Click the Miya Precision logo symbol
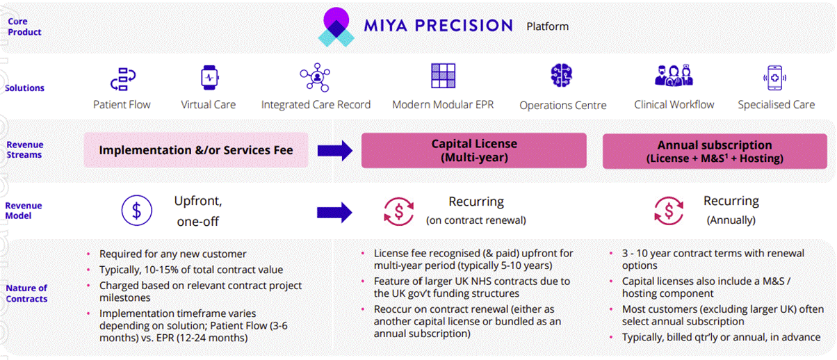(x=336, y=27)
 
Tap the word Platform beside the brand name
(x=547, y=26)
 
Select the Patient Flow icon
(x=123, y=79)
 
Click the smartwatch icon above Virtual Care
(x=210, y=78)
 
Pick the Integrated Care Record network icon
(x=315, y=77)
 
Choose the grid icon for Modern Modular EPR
(x=443, y=76)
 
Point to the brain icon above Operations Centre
(x=561, y=75)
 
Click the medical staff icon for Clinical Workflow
(x=674, y=76)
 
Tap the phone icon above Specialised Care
(x=774, y=78)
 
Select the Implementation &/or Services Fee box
(x=196, y=149)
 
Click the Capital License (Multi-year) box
(x=474, y=150)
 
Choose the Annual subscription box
(x=715, y=151)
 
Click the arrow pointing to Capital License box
(x=335, y=151)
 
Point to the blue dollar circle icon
(x=137, y=211)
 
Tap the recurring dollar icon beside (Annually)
(x=669, y=211)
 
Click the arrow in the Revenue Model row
(x=334, y=213)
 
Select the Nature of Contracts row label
(x=26, y=293)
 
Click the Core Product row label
(x=24, y=26)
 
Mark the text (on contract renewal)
(x=476, y=220)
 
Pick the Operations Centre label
(x=562, y=106)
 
